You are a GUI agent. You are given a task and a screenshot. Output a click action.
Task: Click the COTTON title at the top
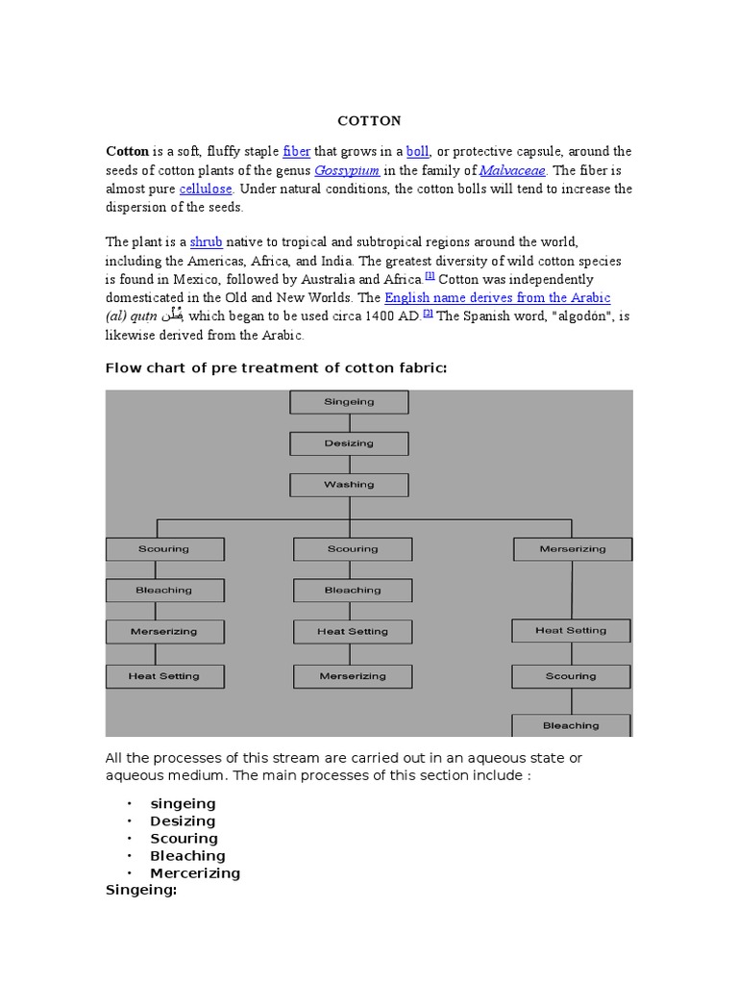[369, 121]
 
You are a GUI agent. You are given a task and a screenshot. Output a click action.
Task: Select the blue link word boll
[417, 152]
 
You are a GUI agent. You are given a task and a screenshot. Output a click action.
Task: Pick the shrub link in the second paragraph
[206, 242]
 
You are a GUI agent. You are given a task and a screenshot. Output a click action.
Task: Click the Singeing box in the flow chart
[350, 402]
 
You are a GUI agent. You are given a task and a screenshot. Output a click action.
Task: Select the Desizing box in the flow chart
[350, 443]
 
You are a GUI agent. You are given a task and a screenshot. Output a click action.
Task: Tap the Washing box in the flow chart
[350, 485]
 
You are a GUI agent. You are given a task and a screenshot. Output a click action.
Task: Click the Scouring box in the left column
[164, 549]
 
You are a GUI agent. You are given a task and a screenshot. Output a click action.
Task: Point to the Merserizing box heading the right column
[573, 549]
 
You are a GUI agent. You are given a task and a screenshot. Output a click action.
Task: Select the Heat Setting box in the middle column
[353, 632]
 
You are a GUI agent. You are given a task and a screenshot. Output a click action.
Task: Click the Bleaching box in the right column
[571, 725]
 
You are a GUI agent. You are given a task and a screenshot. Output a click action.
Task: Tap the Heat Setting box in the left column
[164, 676]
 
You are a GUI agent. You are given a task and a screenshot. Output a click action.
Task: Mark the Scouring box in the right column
[571, 676]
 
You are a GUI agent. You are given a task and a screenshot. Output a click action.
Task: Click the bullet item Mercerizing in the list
[195, 873]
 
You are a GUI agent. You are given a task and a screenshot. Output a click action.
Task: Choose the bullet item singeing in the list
[183, 804]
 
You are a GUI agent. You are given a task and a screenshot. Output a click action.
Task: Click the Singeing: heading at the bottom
[141, 891]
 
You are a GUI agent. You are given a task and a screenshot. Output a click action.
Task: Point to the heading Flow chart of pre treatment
[277, 369]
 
